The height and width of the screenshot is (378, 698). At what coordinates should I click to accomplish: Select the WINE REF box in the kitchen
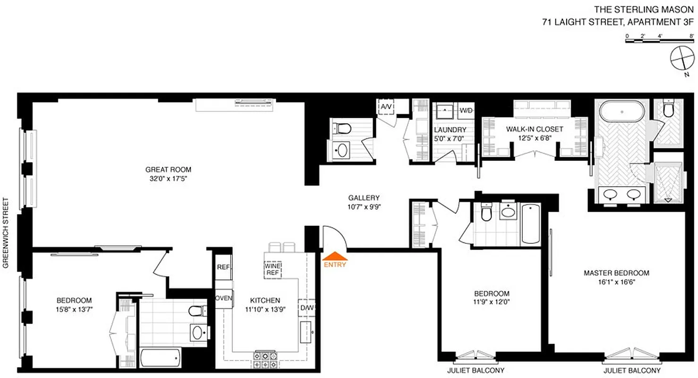click(272, 269)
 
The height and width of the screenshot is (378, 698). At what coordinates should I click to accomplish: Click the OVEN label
click(223, 298)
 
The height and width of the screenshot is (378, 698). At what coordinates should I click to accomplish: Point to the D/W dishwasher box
click(306, 308)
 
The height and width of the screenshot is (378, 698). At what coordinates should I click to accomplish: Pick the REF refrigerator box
click(223, 267)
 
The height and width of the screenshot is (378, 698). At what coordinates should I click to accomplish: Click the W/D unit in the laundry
click(466, 111)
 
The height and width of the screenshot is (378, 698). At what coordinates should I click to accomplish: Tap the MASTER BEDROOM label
click(616, 273)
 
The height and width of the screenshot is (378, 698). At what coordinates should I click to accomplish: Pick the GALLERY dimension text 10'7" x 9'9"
click(364, 206)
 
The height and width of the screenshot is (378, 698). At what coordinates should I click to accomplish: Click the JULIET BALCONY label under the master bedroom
click(632, 370)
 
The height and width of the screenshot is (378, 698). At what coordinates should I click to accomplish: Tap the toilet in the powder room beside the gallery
click(341, 128)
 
